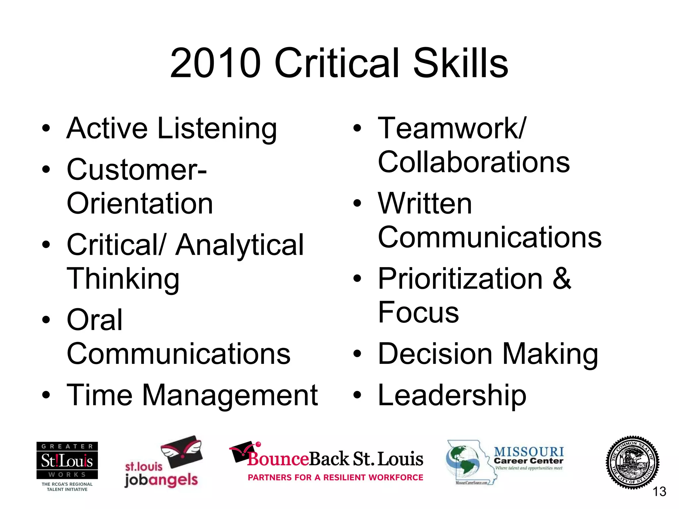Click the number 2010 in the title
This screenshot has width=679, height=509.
[215, 63]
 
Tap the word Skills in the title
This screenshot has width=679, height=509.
[461, 63]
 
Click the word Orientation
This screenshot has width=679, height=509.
[140, 203]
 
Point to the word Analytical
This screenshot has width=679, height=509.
[239, 245]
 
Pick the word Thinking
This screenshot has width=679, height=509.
[123, 279]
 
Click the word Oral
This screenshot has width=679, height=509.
[94, 320]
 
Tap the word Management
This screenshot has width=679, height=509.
[230, 395]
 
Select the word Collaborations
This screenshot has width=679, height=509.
[474, 162]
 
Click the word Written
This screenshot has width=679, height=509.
[425, 203]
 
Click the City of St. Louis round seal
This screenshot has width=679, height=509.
[632, 462]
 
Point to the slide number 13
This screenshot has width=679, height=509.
[659, 491]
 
